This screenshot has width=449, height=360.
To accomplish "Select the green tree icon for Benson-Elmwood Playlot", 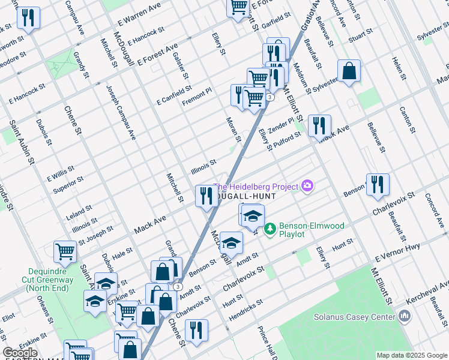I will coord(270,228).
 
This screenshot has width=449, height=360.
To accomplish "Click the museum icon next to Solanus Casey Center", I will coord(405,316).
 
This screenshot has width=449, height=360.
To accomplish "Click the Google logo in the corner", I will coord(20,353).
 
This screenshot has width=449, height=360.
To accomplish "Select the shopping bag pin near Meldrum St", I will coord(349,73).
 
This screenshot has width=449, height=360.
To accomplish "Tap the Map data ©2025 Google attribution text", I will coord(411,355).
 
